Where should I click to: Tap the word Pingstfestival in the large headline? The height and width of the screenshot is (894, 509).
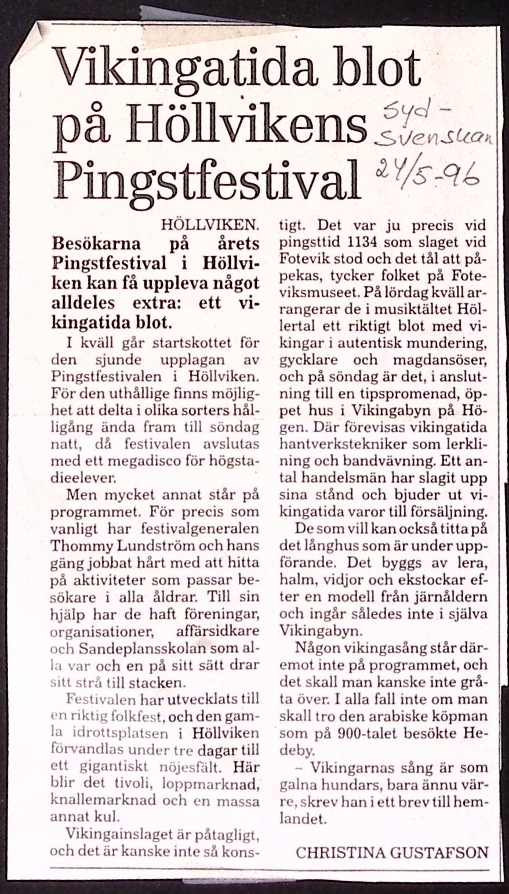click(207, 178)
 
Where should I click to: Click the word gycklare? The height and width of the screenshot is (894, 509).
click(312, 359)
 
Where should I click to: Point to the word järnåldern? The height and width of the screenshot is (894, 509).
click(451, 597)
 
